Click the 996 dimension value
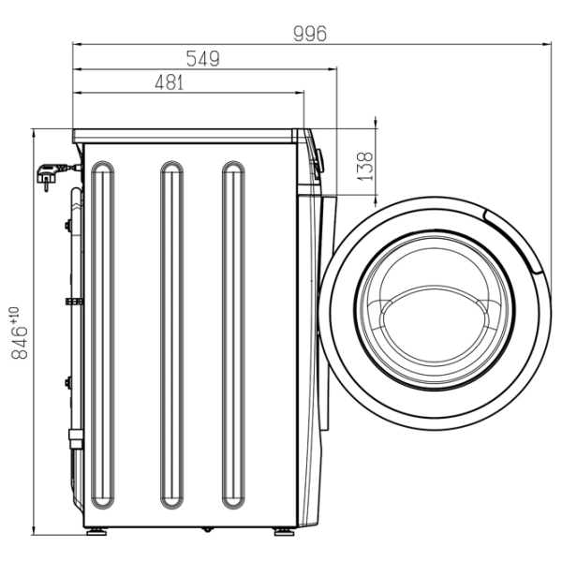click(310, 34)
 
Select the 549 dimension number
click(203, 59)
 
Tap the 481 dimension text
click(170, 82)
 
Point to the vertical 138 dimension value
click(365, 167)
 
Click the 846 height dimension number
click(20, 342)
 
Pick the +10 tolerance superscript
click(15, 315)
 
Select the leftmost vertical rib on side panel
click(103, 334)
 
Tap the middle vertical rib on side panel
click(172, 334)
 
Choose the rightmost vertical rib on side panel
click(233, 334)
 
